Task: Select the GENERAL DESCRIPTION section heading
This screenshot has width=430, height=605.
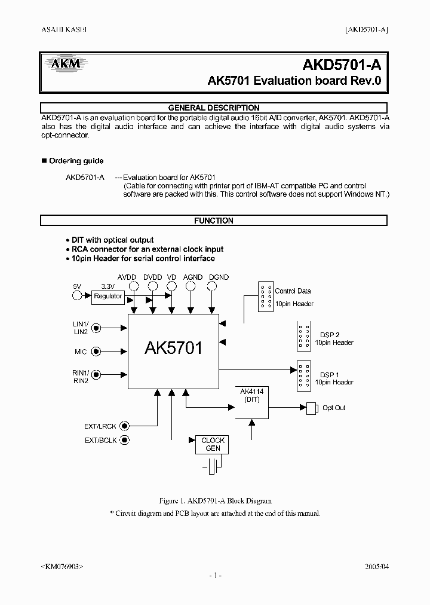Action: click(x=214, y=108)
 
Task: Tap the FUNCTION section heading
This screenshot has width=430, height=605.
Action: click(x=214, y=221)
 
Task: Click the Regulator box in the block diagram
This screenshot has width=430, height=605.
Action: click(x=108, y=296)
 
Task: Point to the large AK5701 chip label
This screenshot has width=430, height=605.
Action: click(x=173, y=349)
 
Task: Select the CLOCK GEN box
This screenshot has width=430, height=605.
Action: click(x=213, y=444)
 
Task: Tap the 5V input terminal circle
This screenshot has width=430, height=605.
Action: click(x=76, y=296)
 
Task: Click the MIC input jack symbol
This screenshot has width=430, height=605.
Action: click(x=96, y=352)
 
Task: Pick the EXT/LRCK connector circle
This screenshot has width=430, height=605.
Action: click(x=124, y=426)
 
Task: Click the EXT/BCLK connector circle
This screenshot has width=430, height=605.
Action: click(x=124, y=441)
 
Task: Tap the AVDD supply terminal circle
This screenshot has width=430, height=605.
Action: click(x=134, y=287)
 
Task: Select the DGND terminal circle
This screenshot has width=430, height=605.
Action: click(x=211, y=287)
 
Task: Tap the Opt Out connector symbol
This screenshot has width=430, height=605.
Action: click(x=311, y=408)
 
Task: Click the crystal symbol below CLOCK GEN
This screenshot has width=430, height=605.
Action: click(x=212, y=465)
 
